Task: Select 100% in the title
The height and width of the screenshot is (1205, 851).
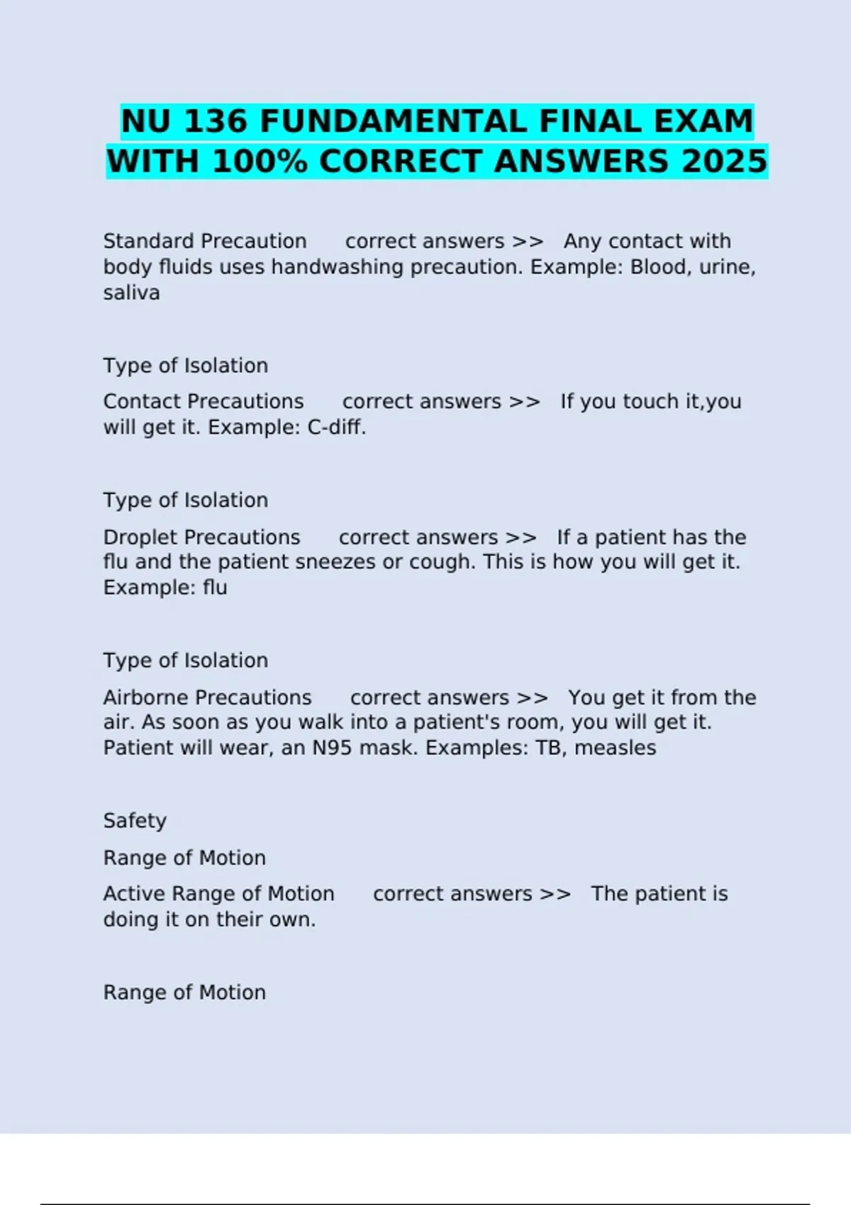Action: pyautogui.click(x=260, y=161)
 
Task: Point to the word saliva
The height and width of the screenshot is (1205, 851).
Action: pyautogui.click(x=131, y=293)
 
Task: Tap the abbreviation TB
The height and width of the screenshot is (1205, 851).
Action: pyautogui.click(x=549, y=748)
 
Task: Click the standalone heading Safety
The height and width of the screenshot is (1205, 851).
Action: pyautogui.click(x=135, y=821)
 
